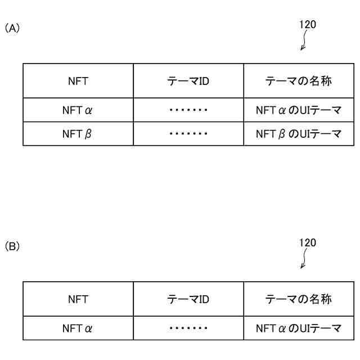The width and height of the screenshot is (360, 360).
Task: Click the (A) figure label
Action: point(12,28)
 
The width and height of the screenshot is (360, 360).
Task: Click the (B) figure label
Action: point(12,246)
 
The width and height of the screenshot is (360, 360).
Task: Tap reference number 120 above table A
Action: point(308,24)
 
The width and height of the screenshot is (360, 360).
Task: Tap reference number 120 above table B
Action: point(308,242)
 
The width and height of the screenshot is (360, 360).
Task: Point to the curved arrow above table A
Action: point(304,41)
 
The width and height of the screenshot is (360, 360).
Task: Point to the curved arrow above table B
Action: point(304,259)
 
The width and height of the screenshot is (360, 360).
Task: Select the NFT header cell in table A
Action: point(78,81)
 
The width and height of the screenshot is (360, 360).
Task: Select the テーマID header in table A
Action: point(188,81)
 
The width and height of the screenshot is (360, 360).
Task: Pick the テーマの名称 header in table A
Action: point(299,81)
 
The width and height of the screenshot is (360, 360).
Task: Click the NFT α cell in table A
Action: point(78,110)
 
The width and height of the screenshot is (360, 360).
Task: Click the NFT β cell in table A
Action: point(78,134)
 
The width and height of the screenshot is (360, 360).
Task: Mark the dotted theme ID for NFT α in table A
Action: point(188,110)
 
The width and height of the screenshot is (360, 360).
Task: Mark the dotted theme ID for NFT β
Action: point(188,134)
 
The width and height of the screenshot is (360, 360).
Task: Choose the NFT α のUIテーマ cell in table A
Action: point(299,110)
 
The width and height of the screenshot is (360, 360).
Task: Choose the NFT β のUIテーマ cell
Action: point(299,134)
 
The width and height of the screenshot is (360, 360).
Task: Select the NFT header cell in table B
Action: point(78,299)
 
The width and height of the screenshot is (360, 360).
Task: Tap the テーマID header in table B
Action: point(188,299)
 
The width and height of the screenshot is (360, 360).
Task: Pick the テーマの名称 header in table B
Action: point(299,299)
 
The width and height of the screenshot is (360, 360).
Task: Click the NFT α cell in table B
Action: point(78,328)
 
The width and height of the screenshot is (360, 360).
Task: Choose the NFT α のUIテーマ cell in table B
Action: point(299,328)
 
